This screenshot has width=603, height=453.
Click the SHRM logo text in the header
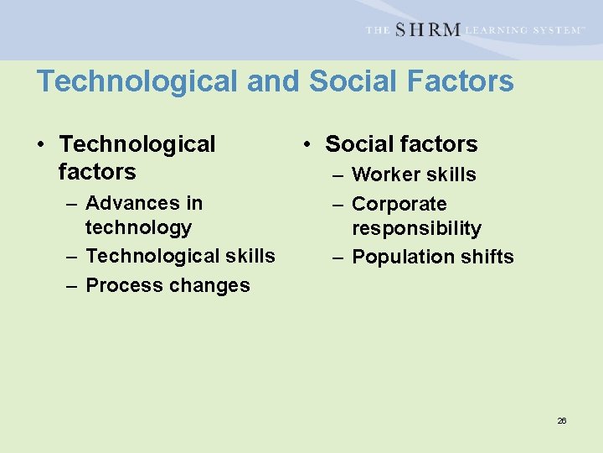pyautogui.click(x=427, y=29)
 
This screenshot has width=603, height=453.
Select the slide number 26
pyautogui.click(x=562, y=420)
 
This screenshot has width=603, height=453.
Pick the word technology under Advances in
pyautogui.click(x=138, y=227)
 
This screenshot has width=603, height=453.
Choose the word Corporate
pyautogui.click(x=399, y=204)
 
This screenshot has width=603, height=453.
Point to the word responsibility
pyautogui.click(x=416, y=228)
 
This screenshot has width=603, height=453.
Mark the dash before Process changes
pyautogui.click(x=71, y=285)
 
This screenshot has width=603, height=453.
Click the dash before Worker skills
pyautogui.click(x=338, y=175)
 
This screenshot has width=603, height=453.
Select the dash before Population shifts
pyautogui.click(x=338, y=257)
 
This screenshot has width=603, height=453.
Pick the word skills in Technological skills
pyautogui.click(x=251, y=256)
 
